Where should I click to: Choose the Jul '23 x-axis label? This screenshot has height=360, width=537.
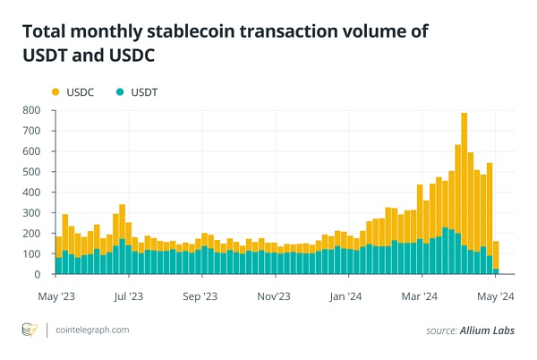pos(130,295)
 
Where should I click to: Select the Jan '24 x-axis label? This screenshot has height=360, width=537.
pos(345,295)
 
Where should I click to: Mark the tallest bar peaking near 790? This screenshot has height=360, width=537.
pos(464,193)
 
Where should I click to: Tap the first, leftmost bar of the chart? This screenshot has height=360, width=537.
pos(58,255)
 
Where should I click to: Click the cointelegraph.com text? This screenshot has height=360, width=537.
pos(93,330)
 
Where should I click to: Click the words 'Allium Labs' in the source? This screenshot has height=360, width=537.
pos(492,331)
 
